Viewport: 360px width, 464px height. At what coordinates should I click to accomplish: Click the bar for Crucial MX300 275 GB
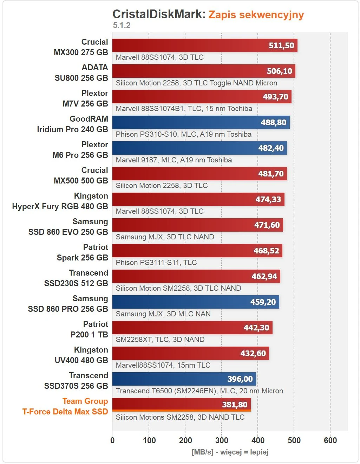[205, 45]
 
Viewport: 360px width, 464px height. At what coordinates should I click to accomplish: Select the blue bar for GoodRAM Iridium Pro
[201, 122]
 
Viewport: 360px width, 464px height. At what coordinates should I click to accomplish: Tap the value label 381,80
[235, 405]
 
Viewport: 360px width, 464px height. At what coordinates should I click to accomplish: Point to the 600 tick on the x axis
[330, 440]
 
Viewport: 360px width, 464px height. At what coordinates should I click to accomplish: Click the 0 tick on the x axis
[112, 440]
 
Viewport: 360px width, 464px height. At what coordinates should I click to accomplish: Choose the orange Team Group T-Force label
[65, 406]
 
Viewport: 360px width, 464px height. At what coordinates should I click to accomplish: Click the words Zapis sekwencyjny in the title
[256, 15]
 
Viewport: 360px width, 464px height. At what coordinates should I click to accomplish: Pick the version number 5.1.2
[122, 25]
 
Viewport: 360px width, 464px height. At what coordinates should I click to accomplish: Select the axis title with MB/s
[230, 452]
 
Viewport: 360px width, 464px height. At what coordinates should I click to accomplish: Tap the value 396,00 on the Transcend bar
[240, 379]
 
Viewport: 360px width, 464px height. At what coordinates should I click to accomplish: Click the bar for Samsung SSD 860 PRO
[196, 302]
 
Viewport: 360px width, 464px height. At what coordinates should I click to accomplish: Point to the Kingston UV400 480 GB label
[81, 355]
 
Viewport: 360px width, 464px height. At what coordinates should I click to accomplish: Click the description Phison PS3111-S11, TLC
[156, 263]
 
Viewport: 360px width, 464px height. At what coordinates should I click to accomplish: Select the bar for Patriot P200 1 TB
[192, 328]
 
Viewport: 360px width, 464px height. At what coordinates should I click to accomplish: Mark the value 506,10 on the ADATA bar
[279, 71]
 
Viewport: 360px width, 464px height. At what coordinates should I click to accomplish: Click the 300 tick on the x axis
[222, 440]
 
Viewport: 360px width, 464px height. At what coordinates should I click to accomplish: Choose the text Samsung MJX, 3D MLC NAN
[163, 314]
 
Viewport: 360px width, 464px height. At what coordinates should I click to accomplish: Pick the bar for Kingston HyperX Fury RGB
[198, 199]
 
